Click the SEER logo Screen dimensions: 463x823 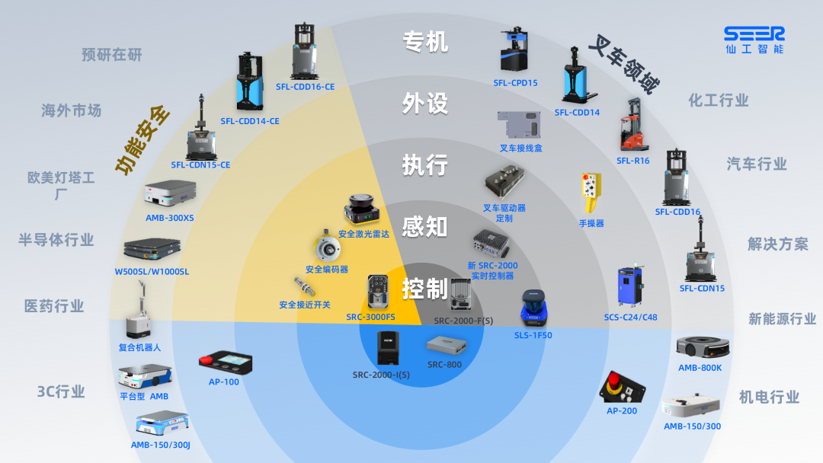(754, 40)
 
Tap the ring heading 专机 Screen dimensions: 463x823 (425, 41)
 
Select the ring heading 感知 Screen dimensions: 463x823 (424, 226)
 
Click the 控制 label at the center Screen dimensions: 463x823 (424, 289)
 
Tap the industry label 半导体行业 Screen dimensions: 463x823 (56, 240)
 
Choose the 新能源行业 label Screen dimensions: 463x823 (782, 319)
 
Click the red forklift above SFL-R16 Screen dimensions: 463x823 (632, 126)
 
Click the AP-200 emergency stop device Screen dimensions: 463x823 (621, 386)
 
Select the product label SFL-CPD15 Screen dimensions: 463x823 (515, 83)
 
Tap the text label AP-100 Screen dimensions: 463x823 (224, 382)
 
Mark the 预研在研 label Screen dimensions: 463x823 (112, 55)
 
